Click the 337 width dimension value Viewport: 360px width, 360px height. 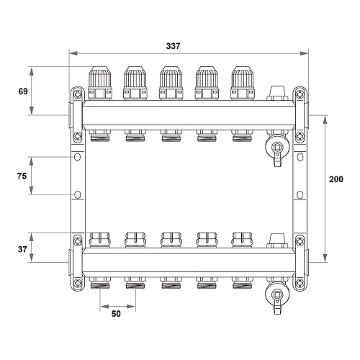pyautogui.click(x=173, y=46)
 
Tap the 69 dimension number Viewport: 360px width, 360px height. pyautogui.click(x=23, y=91)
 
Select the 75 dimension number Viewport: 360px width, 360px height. pyautogui.click(x=22, y=176)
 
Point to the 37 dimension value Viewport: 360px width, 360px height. pyautogui.click(x=22, y=249)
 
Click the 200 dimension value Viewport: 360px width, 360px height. pyautogui.click(x=336, y=179)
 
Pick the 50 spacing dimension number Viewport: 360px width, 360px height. pyautogui.click(x=116, y=314)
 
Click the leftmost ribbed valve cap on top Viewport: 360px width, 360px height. pyautogui.click(x=100, y=84)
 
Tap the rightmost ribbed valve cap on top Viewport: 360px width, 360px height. pyautogui.click(x=243, y=84)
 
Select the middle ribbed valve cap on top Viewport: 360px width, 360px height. pyautogui.click(x=171, y=84)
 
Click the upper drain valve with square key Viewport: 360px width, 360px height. pyautogui.click(x=277, y=148)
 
